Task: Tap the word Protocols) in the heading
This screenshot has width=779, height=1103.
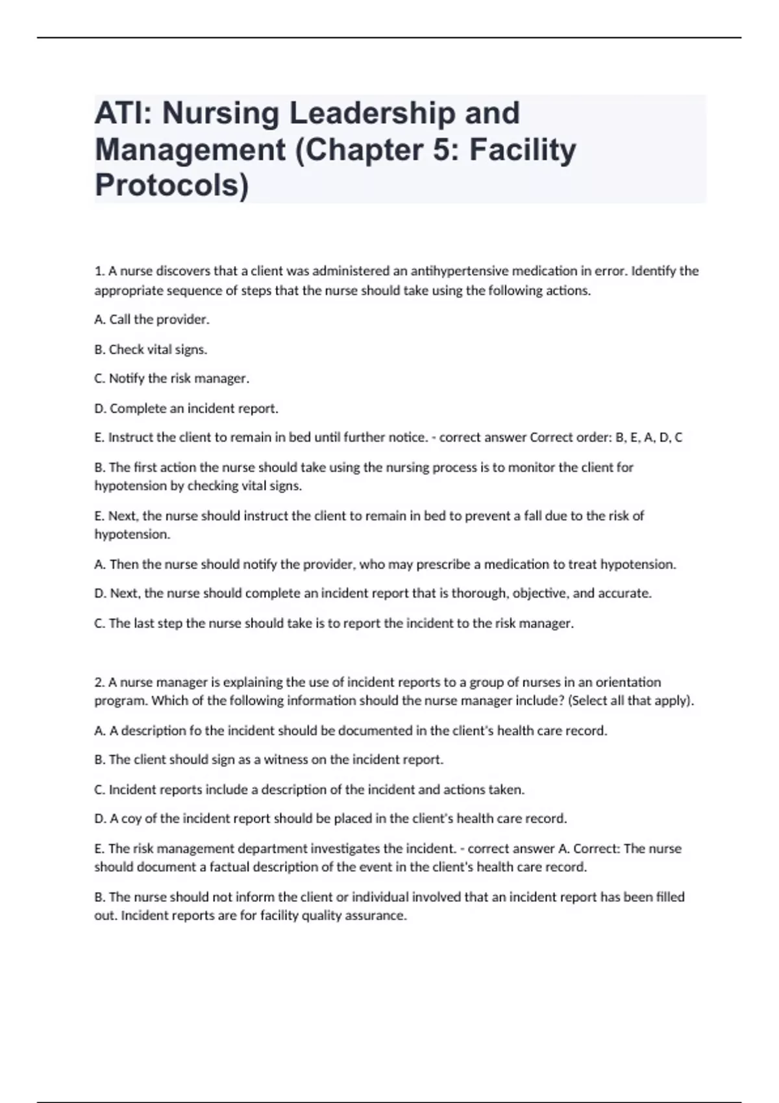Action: click(x=171, y=186)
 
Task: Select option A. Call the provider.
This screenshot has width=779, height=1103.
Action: click(x=152, y=319)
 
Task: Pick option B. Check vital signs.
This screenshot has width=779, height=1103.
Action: click(x=151, y=349)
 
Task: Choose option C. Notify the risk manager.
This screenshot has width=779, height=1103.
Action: click(x=171, y=378)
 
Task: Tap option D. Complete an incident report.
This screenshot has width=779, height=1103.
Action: click(x=186, y=408)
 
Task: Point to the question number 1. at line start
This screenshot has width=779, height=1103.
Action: click(x=100, y=271)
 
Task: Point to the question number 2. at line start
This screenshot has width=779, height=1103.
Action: click(x=100, y=682)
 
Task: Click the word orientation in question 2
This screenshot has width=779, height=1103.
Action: click(x=628, y=682)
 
